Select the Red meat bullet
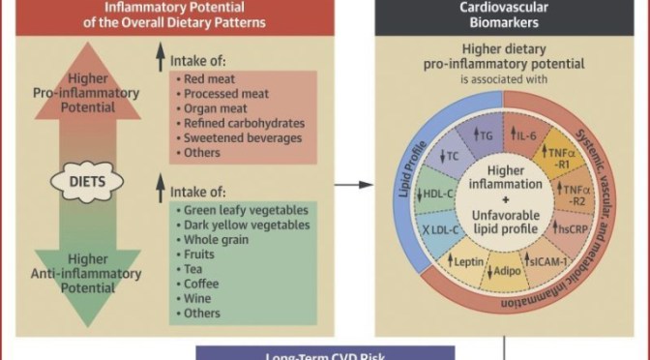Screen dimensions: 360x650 (208, 76)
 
